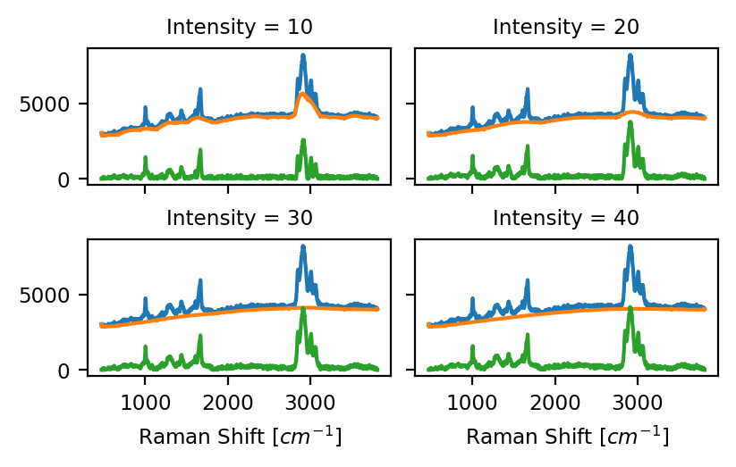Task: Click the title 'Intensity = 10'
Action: pyautogui.click(x=240, y=27)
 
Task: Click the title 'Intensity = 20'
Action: pyautogui.click(x=566, y=27)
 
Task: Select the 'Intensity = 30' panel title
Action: pyautogui.click(x=240, y=218)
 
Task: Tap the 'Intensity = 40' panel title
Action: pyautogui.click(x=566, y=218)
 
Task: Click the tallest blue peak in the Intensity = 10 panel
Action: pyautogui.click(x=303, y=55)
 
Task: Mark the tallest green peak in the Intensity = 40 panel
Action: pyautogui.click(x=630, y=308)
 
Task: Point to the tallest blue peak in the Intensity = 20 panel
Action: pyautogui.click(x=630, y=55)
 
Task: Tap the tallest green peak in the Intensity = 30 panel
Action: pyautogui.click(x=303, y=309)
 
